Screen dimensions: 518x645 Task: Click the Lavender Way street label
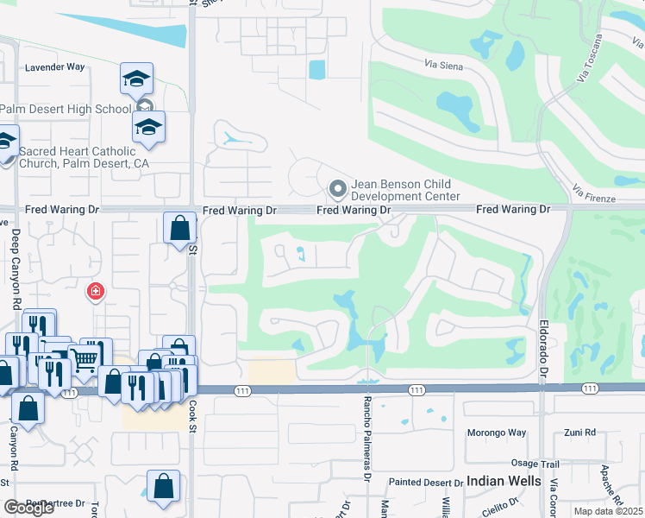[x=55, y=66]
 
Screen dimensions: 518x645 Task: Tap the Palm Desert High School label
[x=66, y=109]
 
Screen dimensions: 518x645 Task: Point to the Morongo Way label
[x=496, y=433]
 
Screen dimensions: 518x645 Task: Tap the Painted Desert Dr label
[x=423, y=482]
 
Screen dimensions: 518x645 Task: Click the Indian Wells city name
[x=504, y=481]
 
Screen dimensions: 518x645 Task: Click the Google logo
[x=29, y=508]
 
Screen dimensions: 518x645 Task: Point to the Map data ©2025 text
[x=609, y=511]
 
